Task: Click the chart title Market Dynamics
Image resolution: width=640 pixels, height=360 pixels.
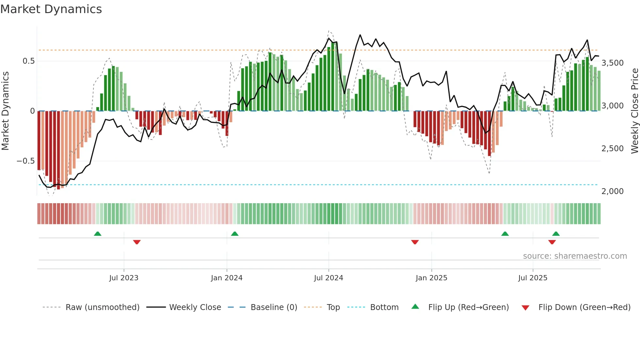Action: coord(51,9)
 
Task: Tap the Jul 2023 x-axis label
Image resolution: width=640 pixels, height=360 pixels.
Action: coord(124,278)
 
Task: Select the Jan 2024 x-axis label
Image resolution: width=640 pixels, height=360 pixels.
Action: coord(227,278)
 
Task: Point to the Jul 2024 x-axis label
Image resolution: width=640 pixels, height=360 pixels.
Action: coord(328,278)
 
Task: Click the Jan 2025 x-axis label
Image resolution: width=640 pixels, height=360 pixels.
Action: coord(431,278)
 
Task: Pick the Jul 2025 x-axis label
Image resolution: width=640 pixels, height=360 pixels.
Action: coord(533,278)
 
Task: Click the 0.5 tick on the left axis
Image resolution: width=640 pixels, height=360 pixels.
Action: coord(28,61)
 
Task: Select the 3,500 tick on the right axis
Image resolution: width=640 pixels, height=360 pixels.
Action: coord(612,63)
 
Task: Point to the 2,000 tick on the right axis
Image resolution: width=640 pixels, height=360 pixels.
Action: coord(612,191)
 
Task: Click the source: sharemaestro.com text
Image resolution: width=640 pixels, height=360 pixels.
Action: coord(575,256)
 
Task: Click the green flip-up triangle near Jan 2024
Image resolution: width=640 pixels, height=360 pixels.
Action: coord(235,234)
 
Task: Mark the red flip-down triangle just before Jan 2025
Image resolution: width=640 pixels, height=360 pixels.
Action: coord(415,242)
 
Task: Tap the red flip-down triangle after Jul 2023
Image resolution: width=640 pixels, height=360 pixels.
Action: coord(137,242)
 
